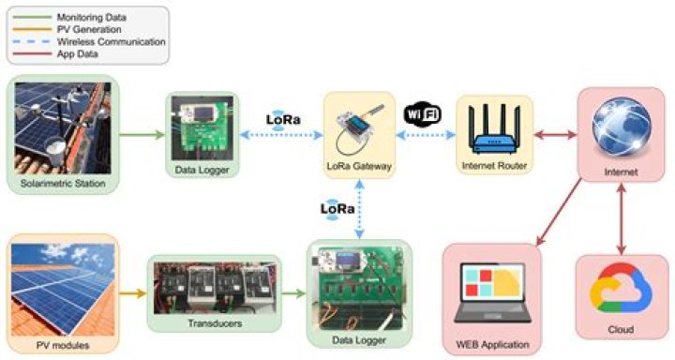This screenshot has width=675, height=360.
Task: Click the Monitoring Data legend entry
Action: pyautogui.click(x=95, y=17)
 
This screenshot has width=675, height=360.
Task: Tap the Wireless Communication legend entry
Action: pyautogui.click(x=109, y=42)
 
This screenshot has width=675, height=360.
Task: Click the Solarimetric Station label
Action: pyautogui.click(x=64, y=180)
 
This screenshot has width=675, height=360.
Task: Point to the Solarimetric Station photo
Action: pyautogui.click(x=64, y=127)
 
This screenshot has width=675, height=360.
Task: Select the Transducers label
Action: pyautogui.click(x=214, y=322)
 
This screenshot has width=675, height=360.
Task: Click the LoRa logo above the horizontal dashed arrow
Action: pyautogui.click(x=283, y=120)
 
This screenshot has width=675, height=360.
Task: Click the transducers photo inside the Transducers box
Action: pyautogui.click(x=214, y=286)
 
